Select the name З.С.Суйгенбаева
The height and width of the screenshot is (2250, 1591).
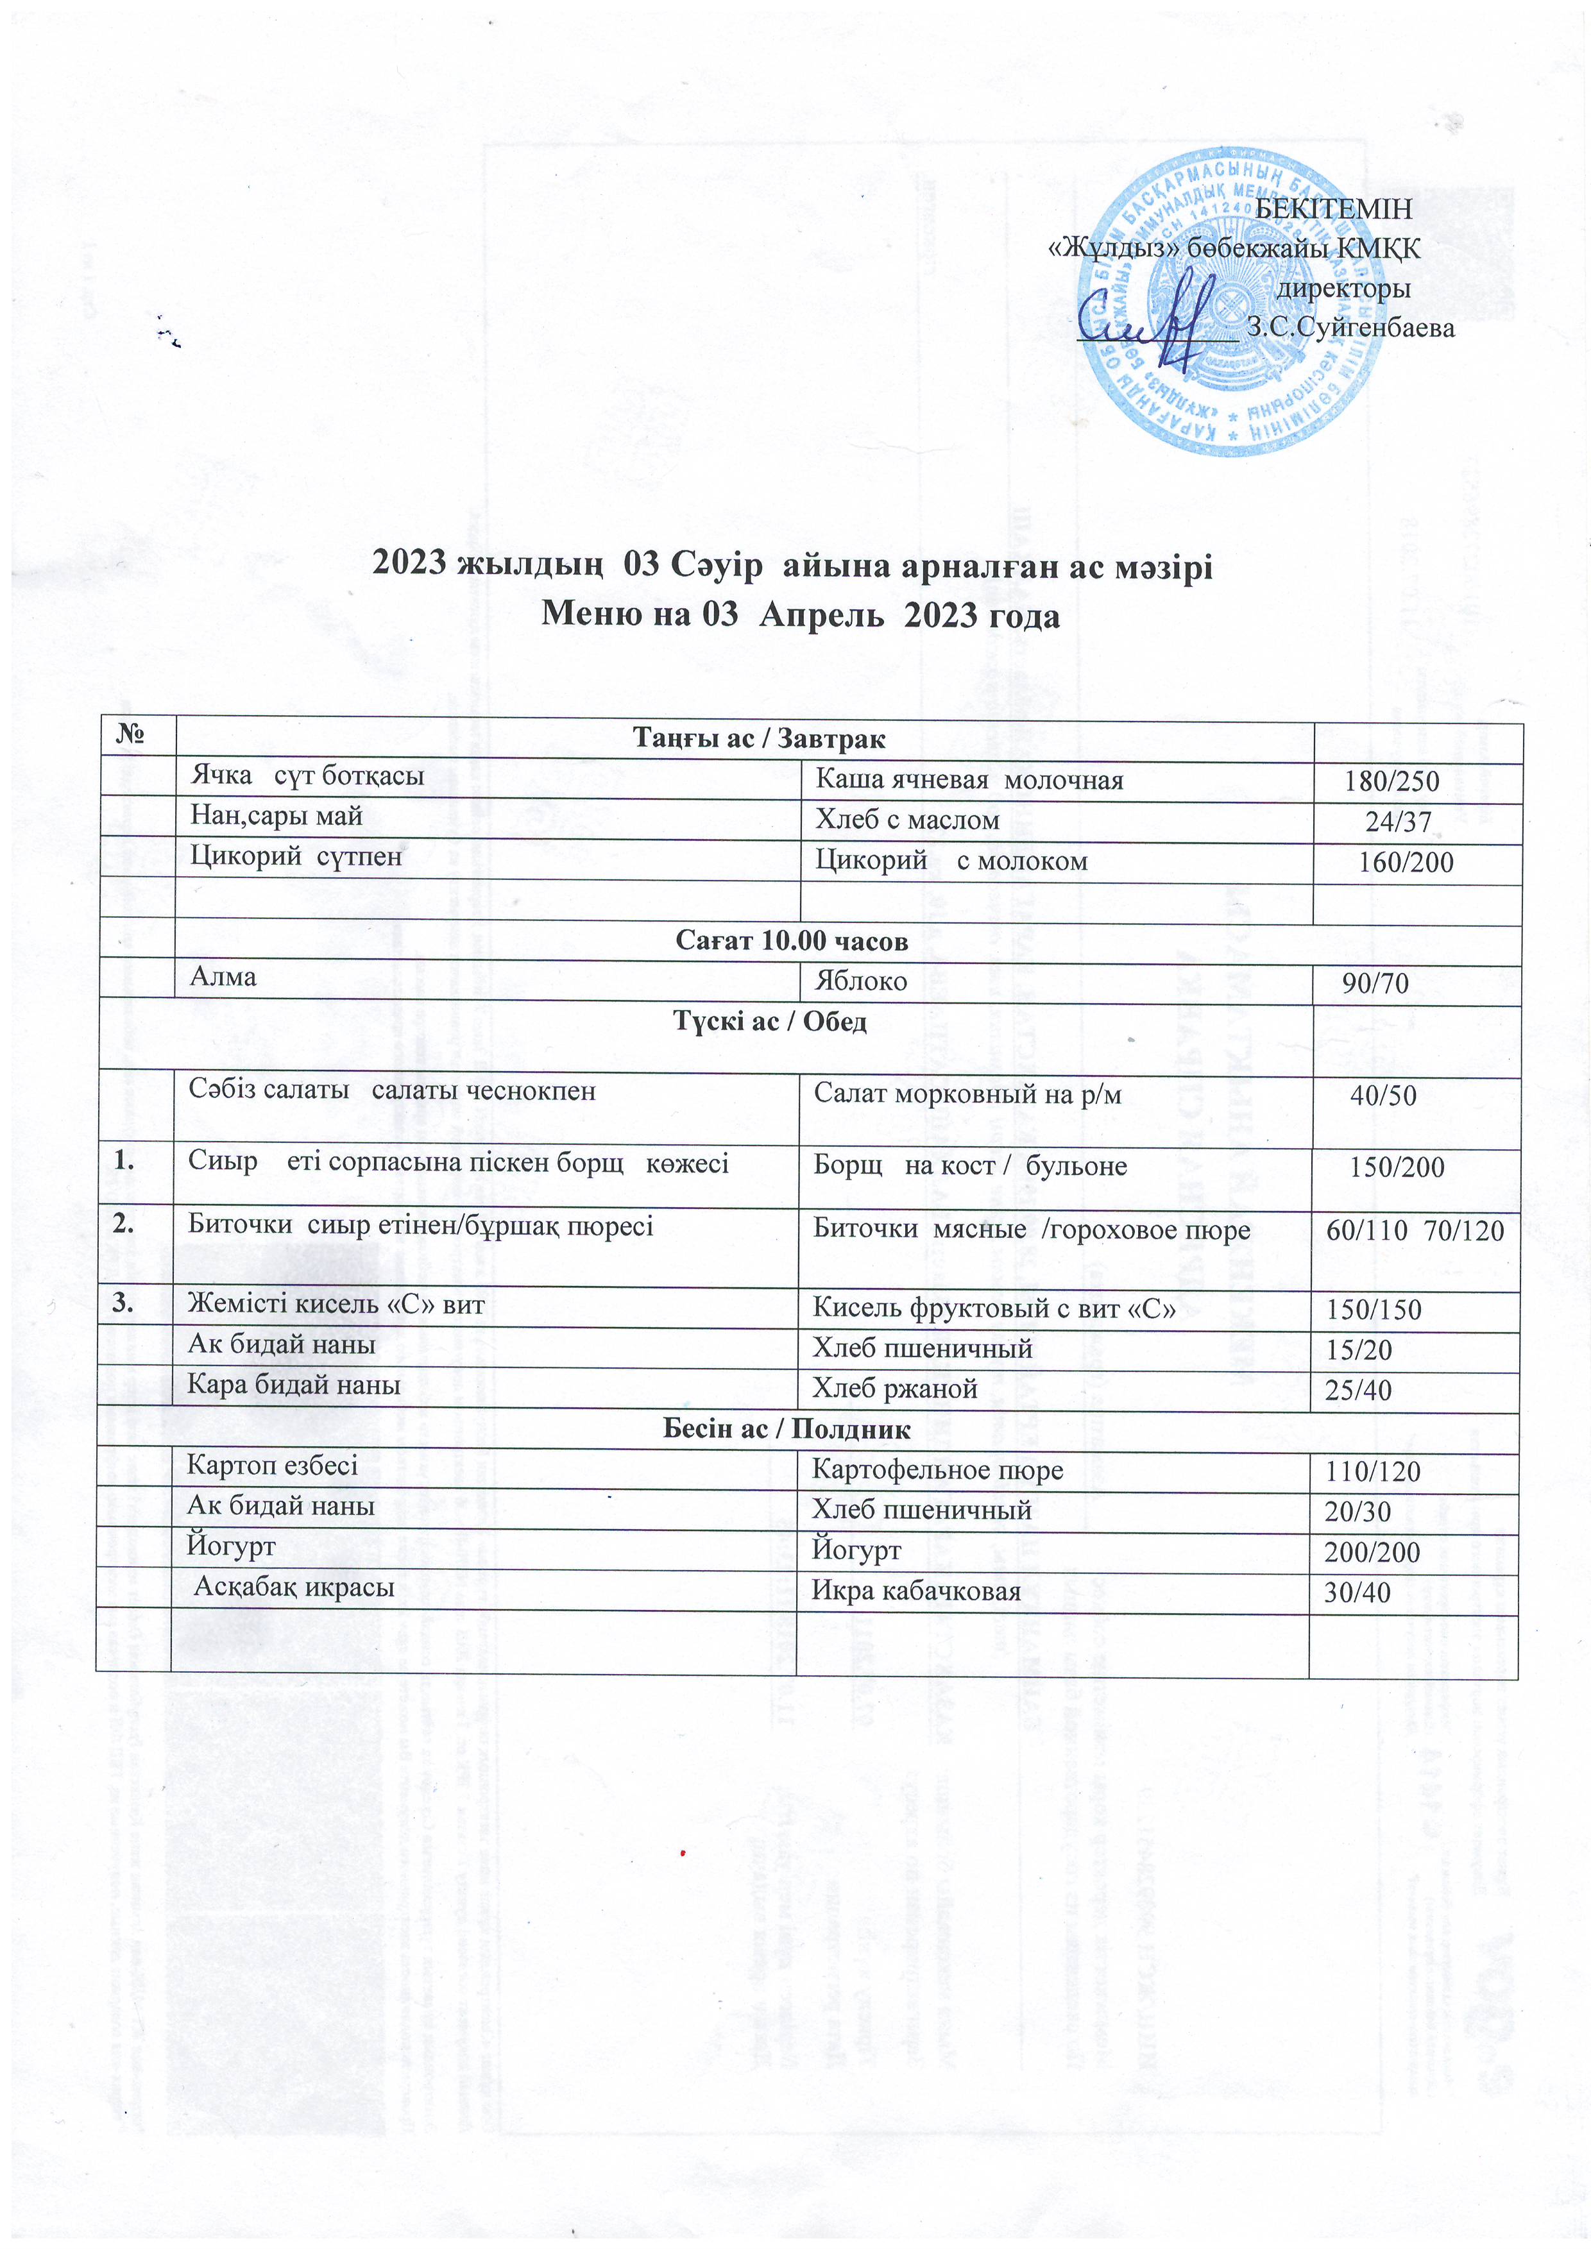coord(1350,328)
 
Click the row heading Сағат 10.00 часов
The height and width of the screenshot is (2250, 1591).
coord(792,941)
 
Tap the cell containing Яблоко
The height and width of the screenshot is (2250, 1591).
coord(862,981)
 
